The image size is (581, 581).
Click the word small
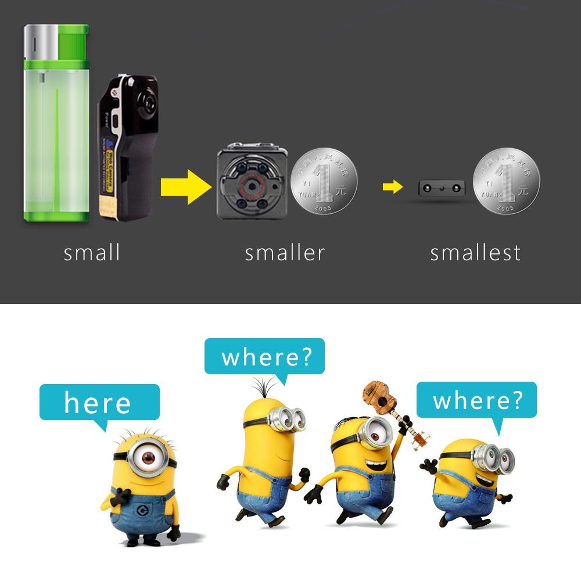92,253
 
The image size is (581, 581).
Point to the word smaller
284,253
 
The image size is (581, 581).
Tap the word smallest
475,253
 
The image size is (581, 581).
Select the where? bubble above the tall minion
264,356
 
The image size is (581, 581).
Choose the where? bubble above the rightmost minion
476,400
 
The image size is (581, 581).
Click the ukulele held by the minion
392,410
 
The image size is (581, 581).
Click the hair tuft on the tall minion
264,388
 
